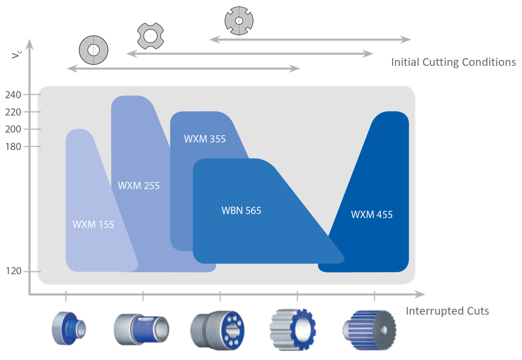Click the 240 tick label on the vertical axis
[x=13, y=95]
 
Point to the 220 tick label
[x=13, y=112]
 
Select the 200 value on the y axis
[x=13, y=129]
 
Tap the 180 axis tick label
[x=13, y=147]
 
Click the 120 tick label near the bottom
[x=13, y=272]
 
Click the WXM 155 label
[x=93, y=225]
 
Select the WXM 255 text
[x=139, y=186]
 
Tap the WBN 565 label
[x=241, y=211]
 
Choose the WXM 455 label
[x=371, y=215]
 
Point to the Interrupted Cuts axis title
[x=447, y=312]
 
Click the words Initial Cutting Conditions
[x=453, y=62]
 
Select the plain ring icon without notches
[x=93, y=49]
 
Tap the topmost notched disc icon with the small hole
[x=239, y=21]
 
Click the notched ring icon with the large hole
[x=151, y=36]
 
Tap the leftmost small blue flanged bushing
[x=69, y=328]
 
